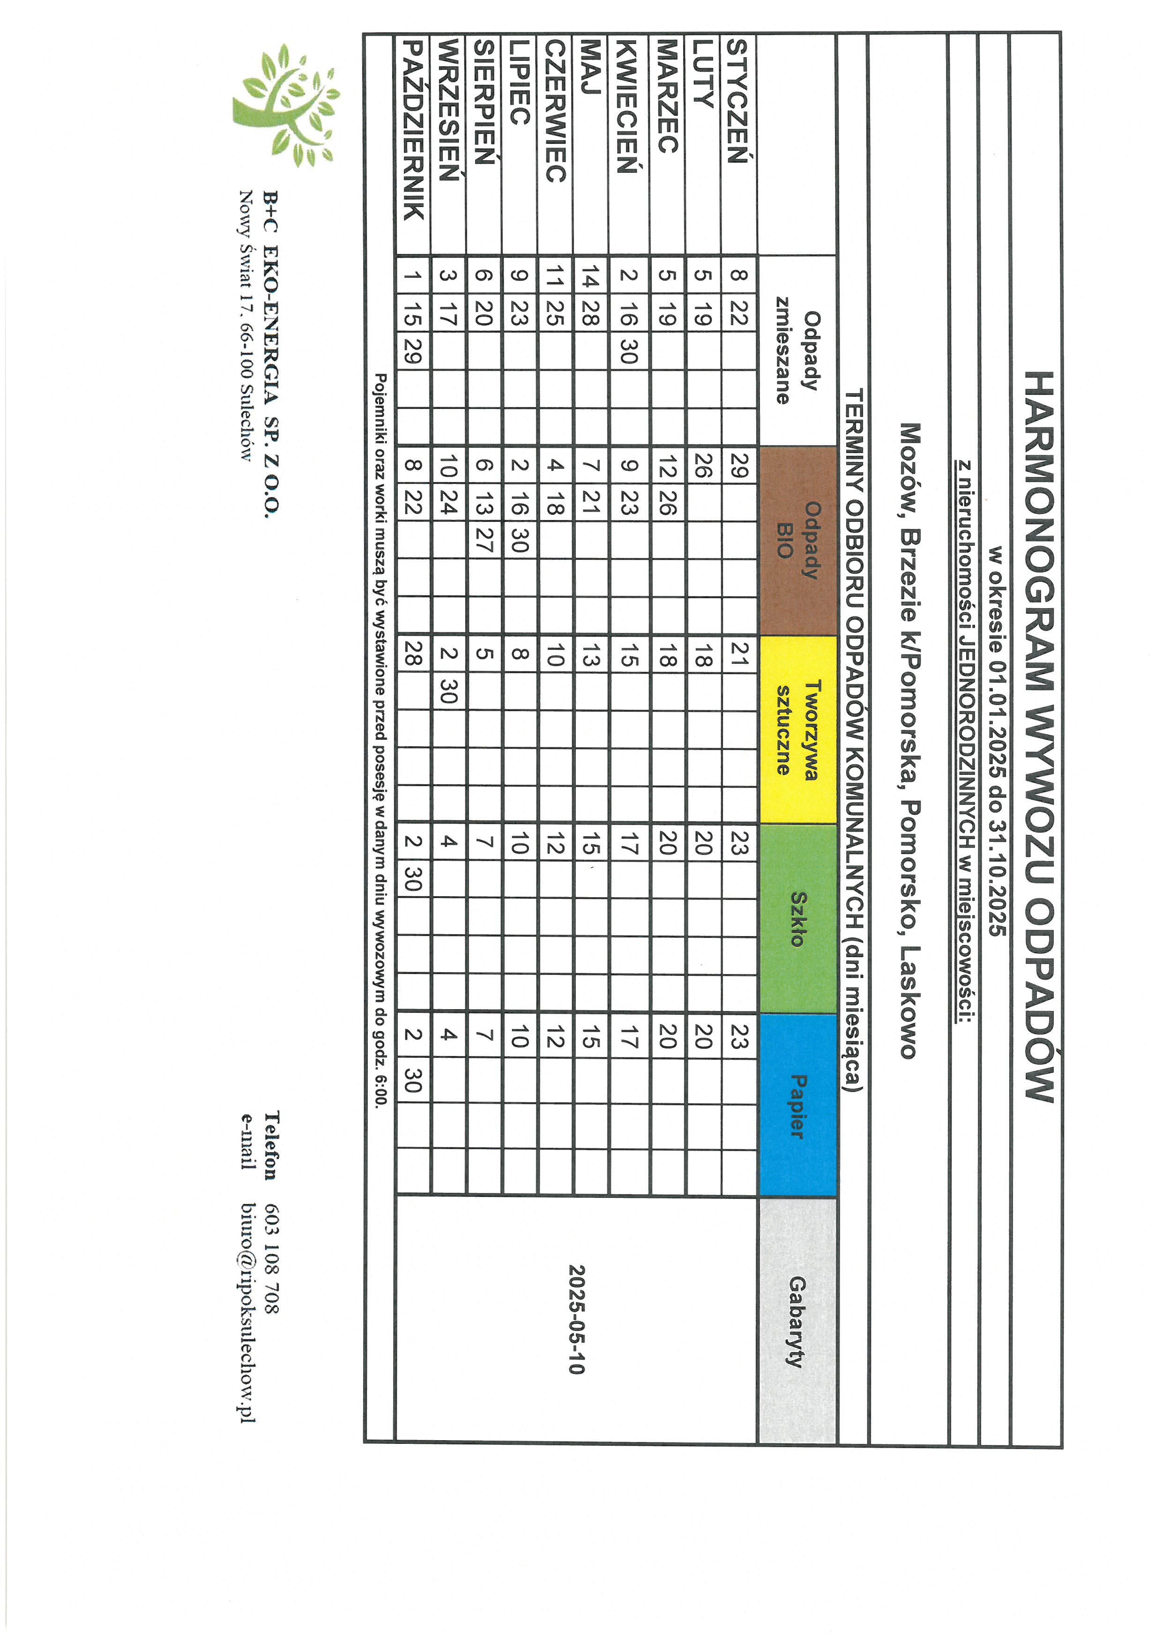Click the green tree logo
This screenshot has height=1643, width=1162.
pos(286,105)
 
